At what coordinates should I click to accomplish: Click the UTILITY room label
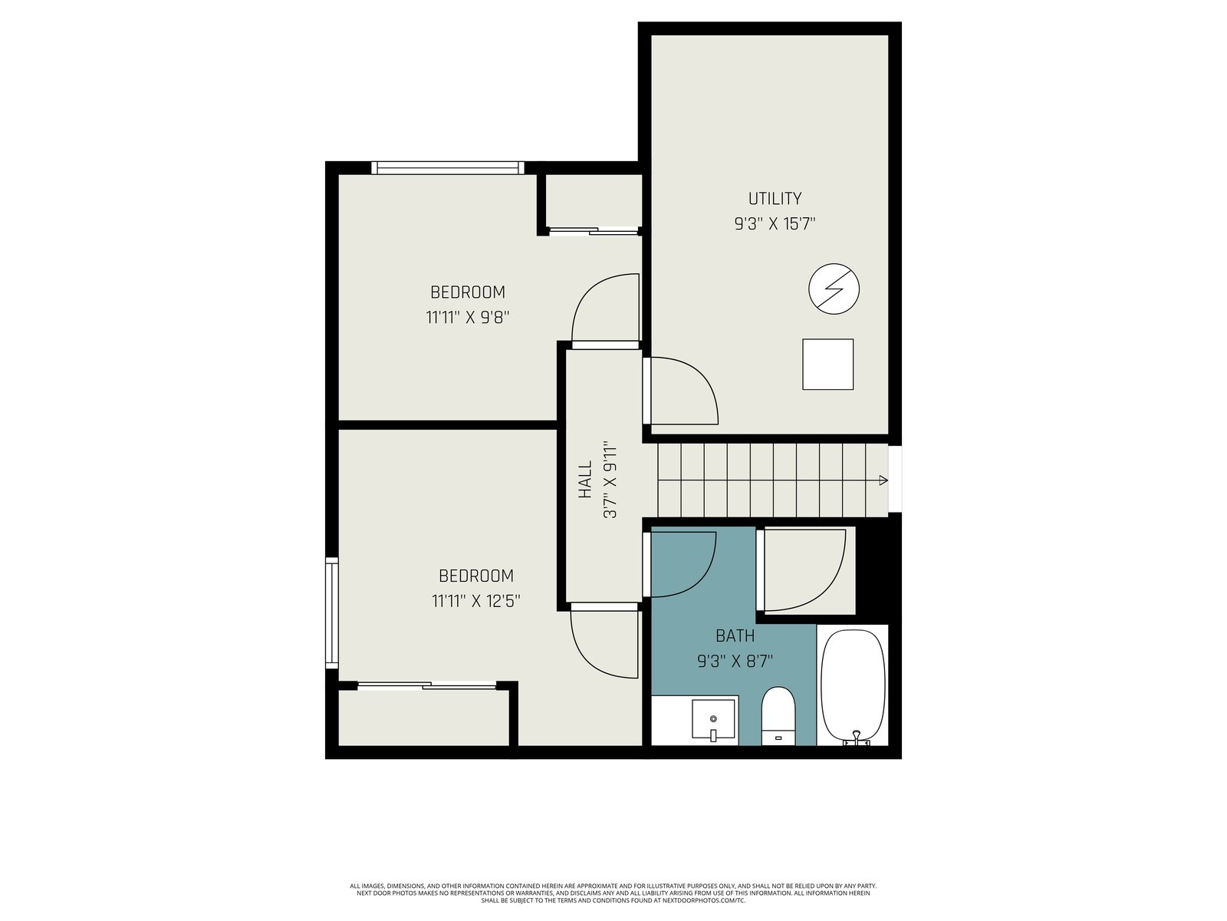775,199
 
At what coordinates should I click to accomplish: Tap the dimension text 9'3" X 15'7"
775,224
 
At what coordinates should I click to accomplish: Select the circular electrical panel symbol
834,289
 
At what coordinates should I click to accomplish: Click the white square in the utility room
828,364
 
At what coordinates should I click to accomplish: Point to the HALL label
584,479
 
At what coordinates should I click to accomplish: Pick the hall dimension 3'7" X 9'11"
610,479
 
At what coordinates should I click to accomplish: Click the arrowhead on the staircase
883,480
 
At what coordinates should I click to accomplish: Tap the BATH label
735,635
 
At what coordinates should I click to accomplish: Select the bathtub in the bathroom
853,687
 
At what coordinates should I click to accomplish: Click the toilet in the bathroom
778,716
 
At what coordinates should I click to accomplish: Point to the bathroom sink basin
713,719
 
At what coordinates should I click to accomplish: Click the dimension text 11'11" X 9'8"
467,318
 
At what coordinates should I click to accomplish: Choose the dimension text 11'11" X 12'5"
475,601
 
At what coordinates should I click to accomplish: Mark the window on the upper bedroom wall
448,168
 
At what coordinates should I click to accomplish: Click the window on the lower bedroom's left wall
332,613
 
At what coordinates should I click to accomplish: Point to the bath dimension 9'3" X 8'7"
735,662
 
